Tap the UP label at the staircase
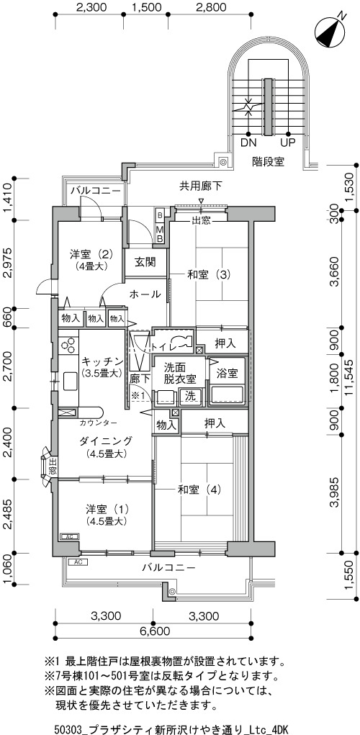(287, 142)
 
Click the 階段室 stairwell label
(268, 162)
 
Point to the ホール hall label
(145, 294)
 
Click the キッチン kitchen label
(102, 361)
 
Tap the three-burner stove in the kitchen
(68, 346)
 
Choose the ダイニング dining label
(105, 441)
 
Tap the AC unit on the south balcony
(78, 562)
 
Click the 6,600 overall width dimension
(154, 631)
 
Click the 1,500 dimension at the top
(147, 7)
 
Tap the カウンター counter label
(99, 423)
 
